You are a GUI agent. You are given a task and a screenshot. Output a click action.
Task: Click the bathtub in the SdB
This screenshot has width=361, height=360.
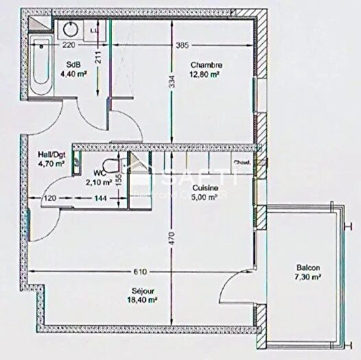tap(41, 68)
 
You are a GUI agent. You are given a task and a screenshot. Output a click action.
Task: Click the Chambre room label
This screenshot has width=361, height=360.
tap(207, 65)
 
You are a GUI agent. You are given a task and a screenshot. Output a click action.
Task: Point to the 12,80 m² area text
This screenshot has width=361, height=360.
tap(207, 74)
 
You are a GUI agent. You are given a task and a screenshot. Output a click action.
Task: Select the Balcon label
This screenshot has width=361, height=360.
tap(307, 267)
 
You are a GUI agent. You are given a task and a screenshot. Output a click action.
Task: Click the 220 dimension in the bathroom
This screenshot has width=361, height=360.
tap(69, 46)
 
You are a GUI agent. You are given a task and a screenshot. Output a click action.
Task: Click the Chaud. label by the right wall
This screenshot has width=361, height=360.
tap(242, 163)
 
